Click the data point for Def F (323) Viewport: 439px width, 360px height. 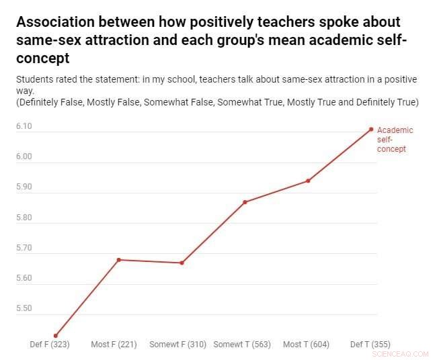[x=56, y=336]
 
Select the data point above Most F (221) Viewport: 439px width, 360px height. [x=119, y=259]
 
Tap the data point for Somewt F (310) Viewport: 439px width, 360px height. [x=182, y=263]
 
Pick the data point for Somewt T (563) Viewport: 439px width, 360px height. [x=245, y=202]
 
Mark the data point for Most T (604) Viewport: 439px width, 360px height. [x=308, y=181]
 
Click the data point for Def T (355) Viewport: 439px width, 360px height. [x=371, y=129]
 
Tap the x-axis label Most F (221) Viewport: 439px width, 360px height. [x=114, y=345]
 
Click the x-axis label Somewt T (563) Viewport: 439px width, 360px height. [x=242, y=345]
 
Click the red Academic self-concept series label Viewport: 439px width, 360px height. [x=395, y=139]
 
